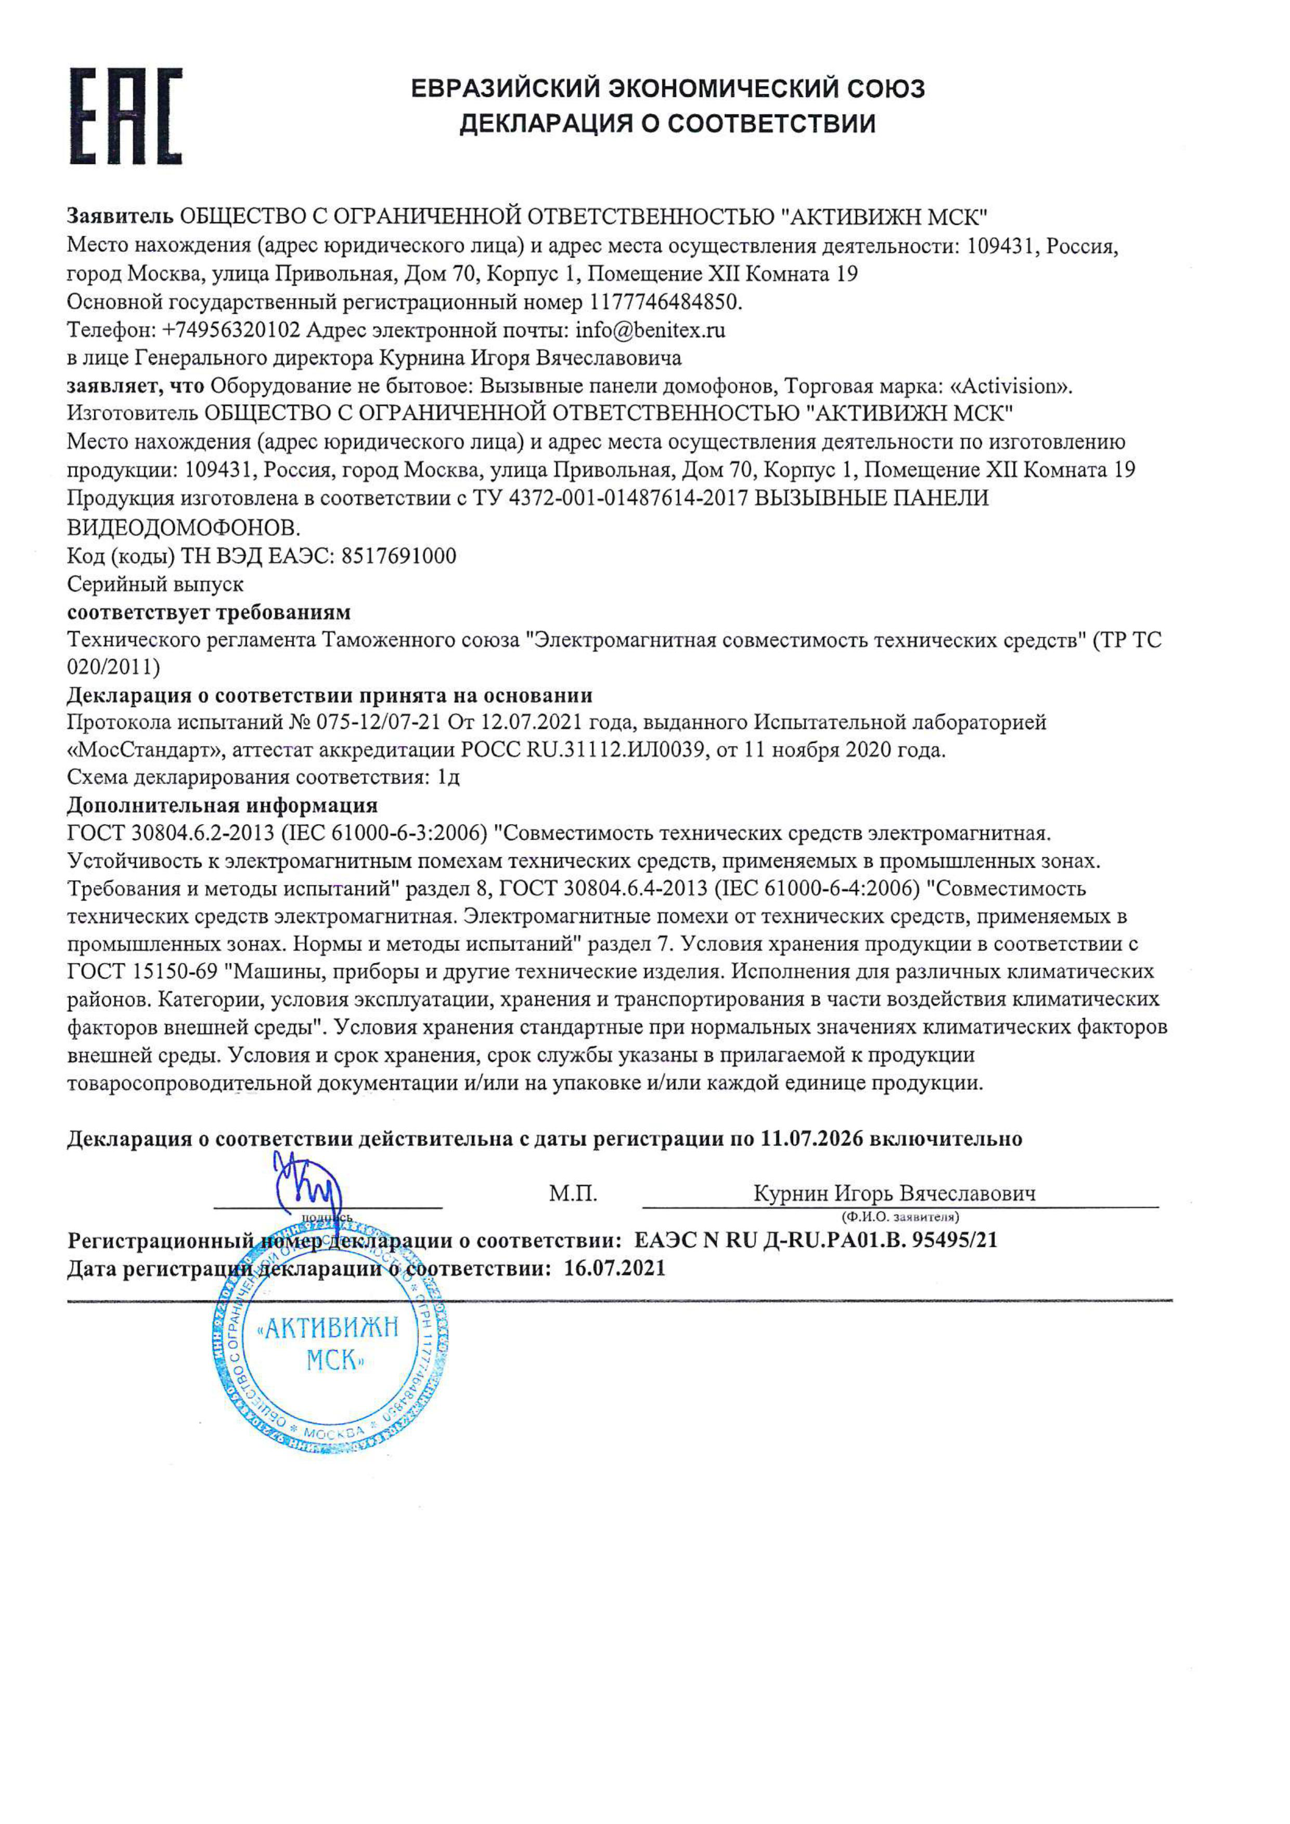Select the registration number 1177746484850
664,302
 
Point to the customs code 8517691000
398,556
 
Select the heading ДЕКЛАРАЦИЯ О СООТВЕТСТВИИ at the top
668,124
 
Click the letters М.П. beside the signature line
572,1193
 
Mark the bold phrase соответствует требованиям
208,613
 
